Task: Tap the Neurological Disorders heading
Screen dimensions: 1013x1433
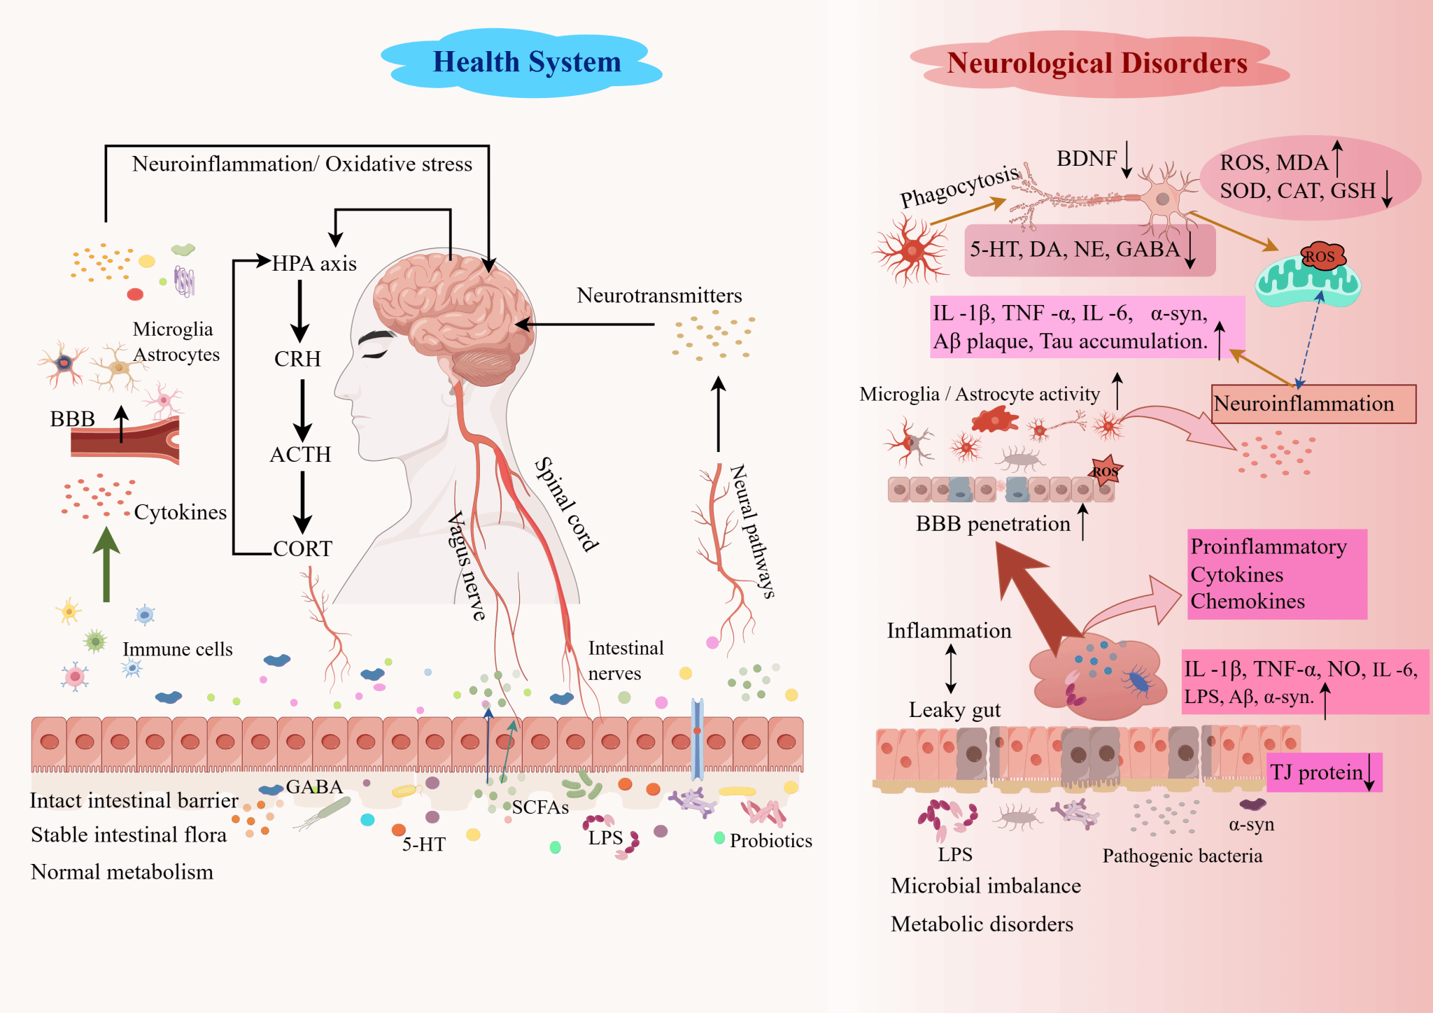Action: point(1096,63)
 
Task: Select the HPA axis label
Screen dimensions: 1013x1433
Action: point(314,264)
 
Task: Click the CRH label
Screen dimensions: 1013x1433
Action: point(297,359)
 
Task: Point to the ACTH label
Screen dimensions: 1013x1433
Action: point(300,455)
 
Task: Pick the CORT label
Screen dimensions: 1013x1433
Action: point(302,548)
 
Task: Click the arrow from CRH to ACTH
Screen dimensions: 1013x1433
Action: point(302,409)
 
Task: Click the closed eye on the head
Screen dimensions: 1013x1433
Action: point(375,353)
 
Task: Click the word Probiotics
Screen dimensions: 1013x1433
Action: point(770,840)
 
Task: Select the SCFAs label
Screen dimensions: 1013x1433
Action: point(540,807)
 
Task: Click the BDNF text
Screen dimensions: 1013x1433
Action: point(1086,159)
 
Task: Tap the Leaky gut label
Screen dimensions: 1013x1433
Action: point(954,710)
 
